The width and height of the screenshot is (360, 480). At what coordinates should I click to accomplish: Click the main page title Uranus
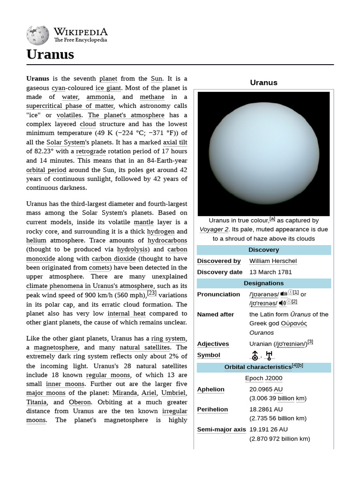click(50, 54)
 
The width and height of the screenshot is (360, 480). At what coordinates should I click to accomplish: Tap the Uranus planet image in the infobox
click(263, 153)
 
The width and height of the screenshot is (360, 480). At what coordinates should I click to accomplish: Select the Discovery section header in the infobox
click(263, 250)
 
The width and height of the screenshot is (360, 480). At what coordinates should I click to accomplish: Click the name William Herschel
click(273, 261)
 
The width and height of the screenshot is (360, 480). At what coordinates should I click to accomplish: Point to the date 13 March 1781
click(270, 272)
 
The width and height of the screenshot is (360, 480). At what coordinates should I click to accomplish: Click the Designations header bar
click(263, 283)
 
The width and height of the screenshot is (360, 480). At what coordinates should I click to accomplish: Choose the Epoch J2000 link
click(263, 378)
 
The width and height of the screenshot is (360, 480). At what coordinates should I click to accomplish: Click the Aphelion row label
click(211, 389)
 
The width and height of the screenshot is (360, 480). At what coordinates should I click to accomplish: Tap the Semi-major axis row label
click(221, 429)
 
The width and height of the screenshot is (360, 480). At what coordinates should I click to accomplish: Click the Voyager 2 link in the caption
click(214, 229)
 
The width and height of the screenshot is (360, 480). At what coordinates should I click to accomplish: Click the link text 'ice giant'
click(108, 88)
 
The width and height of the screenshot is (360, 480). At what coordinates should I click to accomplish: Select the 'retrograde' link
click(91, 151)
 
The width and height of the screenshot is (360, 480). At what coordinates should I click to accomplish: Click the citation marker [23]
click(152, 293)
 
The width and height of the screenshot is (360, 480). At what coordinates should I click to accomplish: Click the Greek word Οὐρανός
click(294, 323)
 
